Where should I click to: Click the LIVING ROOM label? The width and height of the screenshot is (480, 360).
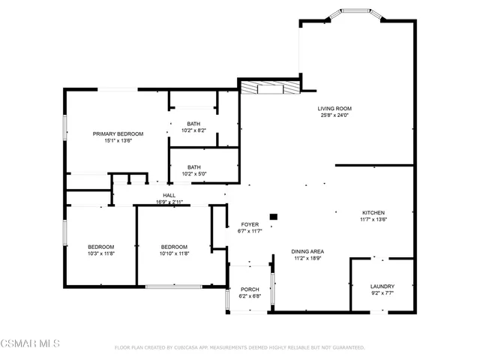[334, 108]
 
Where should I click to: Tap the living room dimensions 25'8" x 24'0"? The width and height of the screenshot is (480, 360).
[334, 115]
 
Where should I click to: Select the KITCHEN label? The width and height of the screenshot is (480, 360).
[373, 212]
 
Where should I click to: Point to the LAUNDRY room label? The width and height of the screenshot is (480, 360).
[382, 286]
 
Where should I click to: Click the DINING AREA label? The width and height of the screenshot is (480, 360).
[307, 251]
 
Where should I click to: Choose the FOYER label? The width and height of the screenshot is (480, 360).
[250, 224]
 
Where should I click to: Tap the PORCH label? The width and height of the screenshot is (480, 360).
[249, 289]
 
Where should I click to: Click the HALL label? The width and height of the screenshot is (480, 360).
[169, 195]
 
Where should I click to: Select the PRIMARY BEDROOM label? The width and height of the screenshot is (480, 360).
[118, 133]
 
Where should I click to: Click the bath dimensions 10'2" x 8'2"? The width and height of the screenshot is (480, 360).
[193, 130]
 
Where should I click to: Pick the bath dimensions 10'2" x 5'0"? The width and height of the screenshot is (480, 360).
[193, 174]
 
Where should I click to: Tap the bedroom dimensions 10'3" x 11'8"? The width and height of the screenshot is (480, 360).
[100, 253]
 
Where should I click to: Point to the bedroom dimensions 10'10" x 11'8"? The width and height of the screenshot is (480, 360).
[173, 253]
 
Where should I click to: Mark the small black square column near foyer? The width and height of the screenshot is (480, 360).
[273, 217]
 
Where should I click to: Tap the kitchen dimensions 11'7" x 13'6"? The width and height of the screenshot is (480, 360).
[373, 219]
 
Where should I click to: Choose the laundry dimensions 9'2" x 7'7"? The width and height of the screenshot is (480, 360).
[382, 293]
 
